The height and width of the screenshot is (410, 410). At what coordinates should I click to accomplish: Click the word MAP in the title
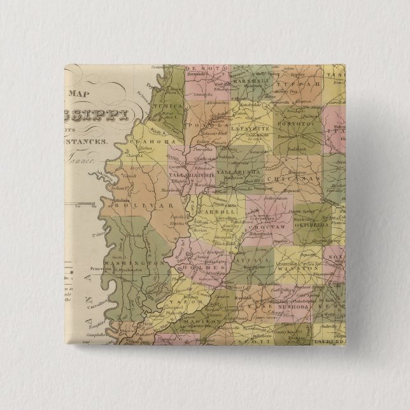83,94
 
